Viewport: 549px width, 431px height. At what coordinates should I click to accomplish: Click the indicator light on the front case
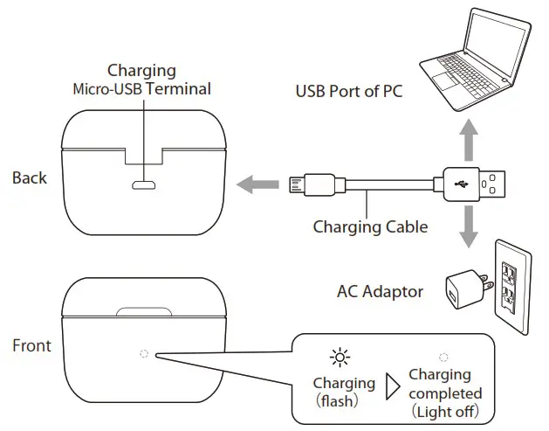click(144, 356)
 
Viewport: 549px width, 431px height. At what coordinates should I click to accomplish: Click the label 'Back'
click(30, 178)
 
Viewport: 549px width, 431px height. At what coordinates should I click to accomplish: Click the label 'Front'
click(31, 345)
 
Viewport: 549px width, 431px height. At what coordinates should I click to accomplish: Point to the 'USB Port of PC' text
click(349, 91)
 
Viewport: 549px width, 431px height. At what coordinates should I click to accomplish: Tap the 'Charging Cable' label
click(370, 227)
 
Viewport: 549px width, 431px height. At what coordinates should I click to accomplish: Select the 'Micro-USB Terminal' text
click(141, 88)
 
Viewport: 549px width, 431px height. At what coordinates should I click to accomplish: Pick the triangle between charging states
click(392, 384)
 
